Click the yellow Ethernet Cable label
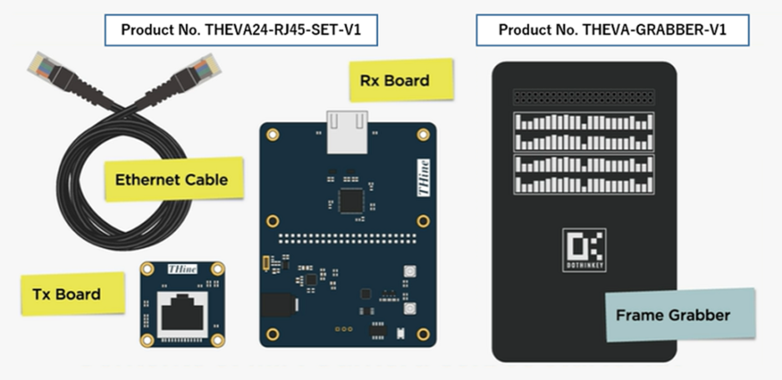(171, 179)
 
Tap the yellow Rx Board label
(395, 81)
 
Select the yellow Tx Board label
(67, 293)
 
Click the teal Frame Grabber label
(673, 315)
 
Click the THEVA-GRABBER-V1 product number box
(613, 30)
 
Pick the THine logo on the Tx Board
(179, 270)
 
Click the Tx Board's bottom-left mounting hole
(146, 337)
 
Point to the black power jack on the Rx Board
(272, 309)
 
